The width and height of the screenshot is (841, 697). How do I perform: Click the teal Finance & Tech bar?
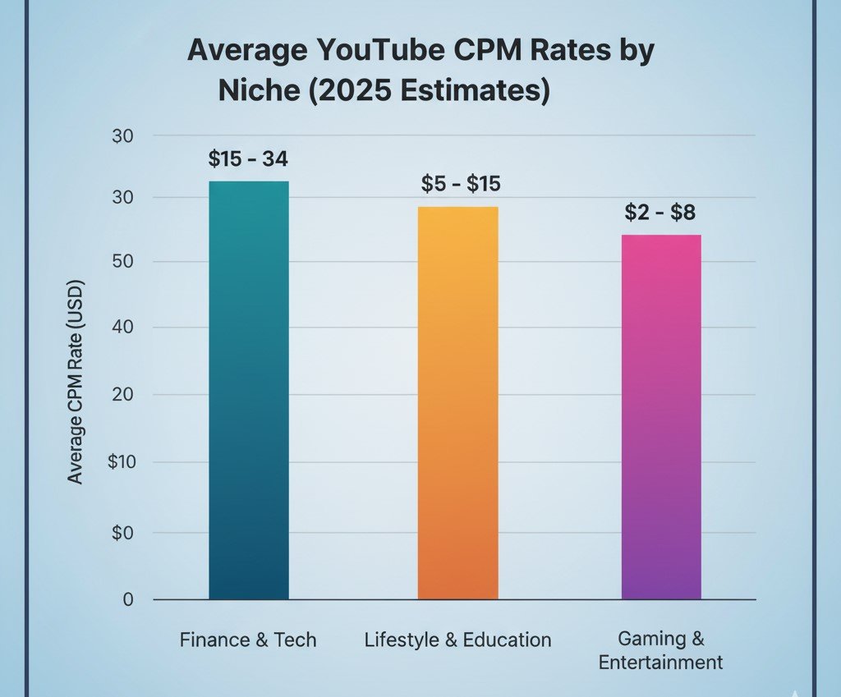point(249,390)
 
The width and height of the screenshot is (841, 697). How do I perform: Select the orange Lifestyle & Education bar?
point(457,402)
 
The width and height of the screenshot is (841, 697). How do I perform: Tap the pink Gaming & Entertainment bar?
point(661,417)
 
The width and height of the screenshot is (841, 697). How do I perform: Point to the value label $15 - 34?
point(248,159)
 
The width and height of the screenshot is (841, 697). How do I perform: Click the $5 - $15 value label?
point(461,184)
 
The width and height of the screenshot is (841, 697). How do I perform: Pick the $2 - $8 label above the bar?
point(659,213)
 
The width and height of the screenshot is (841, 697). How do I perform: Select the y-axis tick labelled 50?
point(122,262)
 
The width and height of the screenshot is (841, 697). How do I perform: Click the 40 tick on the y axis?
point(122,328)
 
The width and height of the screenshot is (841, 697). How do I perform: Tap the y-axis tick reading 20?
point(122,395)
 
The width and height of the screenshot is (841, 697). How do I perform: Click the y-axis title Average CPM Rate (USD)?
point(76,383)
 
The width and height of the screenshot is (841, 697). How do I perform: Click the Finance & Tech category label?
point(248,640)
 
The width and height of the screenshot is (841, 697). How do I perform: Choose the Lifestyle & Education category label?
point(457,640)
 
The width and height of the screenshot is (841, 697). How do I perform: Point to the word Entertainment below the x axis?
point(660,663)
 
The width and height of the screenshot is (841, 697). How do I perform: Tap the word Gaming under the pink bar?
point(648,639)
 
